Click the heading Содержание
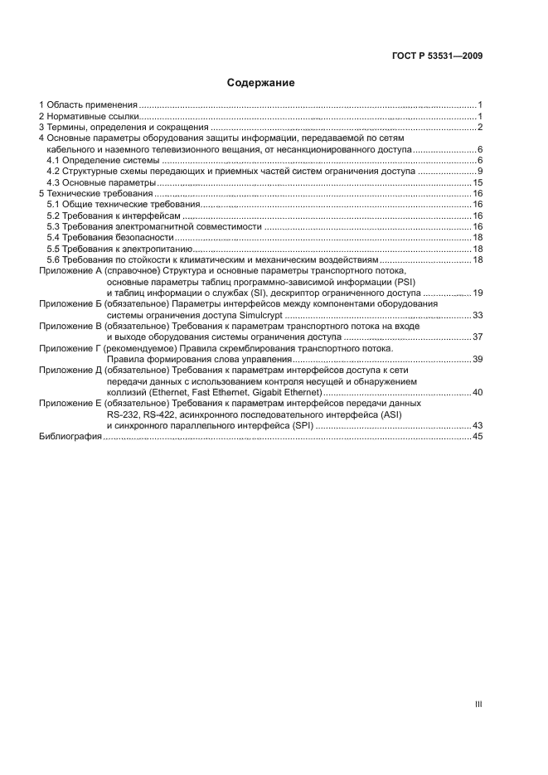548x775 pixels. (x=260, y=83)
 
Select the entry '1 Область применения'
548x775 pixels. (x=88, y=104)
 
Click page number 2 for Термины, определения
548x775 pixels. (x=480, y=127)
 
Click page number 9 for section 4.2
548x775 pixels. (x=480, y=171)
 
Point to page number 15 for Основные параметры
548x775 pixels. (x=478, y=182)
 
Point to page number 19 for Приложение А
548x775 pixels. (x=478, y=293)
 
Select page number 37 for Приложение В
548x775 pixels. (x=478, y=337)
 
